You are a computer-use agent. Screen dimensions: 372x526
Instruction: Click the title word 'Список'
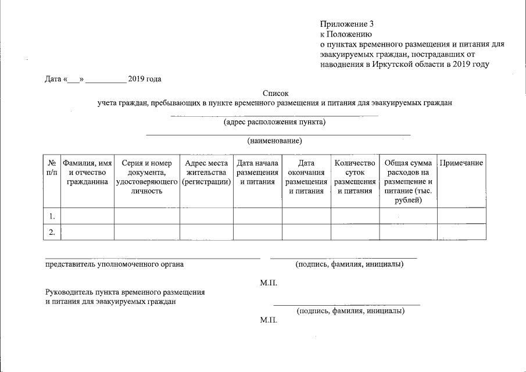tap(275, 93)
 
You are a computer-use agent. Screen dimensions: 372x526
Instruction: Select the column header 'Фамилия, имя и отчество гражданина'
tap(87, 173)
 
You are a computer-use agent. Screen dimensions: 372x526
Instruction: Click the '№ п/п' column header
tap(52, 168)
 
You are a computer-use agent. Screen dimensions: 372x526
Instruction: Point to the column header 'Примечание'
tap(461, 163)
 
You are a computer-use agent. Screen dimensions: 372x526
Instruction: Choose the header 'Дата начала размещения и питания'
tap(257, 173)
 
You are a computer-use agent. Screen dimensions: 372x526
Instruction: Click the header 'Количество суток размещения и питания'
tap(355, 177)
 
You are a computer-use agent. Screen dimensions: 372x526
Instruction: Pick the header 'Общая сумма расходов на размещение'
tap(408, 182)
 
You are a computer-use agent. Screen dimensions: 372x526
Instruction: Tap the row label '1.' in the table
tap(52, 216)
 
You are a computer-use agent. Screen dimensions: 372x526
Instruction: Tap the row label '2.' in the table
tap(52, 233)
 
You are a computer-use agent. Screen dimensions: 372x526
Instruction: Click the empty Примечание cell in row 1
tap(461, 216)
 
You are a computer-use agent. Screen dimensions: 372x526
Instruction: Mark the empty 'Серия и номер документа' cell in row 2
tap(146, 233)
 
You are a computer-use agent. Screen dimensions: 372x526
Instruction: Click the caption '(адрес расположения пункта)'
tap(274, 122)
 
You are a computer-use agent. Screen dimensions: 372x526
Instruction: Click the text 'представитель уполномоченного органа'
tap(114, 265)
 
